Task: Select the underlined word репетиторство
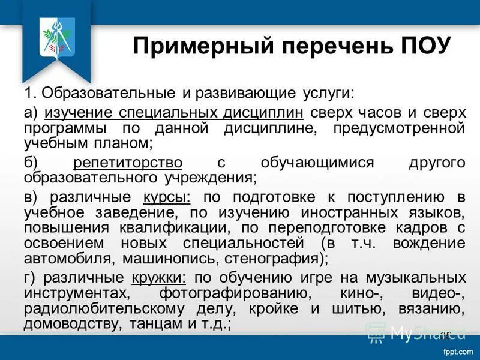coord(128,163)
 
